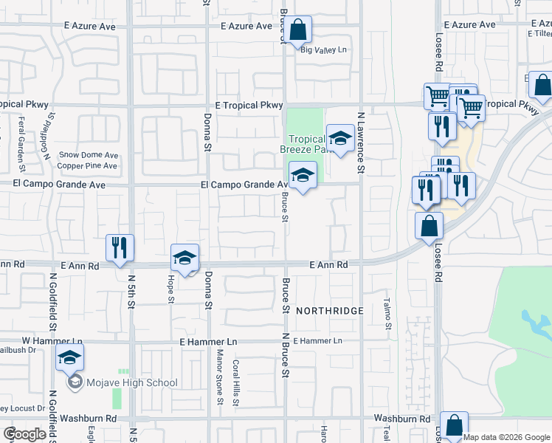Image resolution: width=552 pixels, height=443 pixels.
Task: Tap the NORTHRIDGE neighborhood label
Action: coord(330,311)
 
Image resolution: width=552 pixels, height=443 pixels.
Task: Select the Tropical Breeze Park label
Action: coord(306,144)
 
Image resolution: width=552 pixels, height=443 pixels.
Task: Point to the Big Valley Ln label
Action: coord(323,49)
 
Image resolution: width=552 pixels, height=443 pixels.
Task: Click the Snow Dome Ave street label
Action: coord(89,155)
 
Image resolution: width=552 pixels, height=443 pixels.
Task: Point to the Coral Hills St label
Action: coord(236,378)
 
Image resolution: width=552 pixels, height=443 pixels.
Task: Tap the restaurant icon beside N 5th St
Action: coord(119,247)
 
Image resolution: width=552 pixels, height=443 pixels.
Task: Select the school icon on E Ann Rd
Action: coord(184,258)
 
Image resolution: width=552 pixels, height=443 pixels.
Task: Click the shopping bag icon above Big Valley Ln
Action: coord(298,30)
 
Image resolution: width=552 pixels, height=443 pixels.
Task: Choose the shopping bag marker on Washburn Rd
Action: coord(454,425)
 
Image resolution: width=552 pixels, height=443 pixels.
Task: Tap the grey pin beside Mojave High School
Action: coord(74,382)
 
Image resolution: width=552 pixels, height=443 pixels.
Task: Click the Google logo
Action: coord(24,434)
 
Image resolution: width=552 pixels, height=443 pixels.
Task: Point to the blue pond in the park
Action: coord(536,323)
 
